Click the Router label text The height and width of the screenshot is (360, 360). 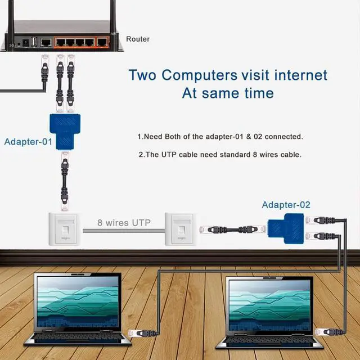point(138,39)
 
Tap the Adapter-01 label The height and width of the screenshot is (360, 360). point(28,142)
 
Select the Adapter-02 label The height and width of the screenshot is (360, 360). point(286,205)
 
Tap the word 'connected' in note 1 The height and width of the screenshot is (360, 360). point(281,137)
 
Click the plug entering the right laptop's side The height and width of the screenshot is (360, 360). point(327,333)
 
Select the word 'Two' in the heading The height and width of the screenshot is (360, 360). point(142,75)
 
